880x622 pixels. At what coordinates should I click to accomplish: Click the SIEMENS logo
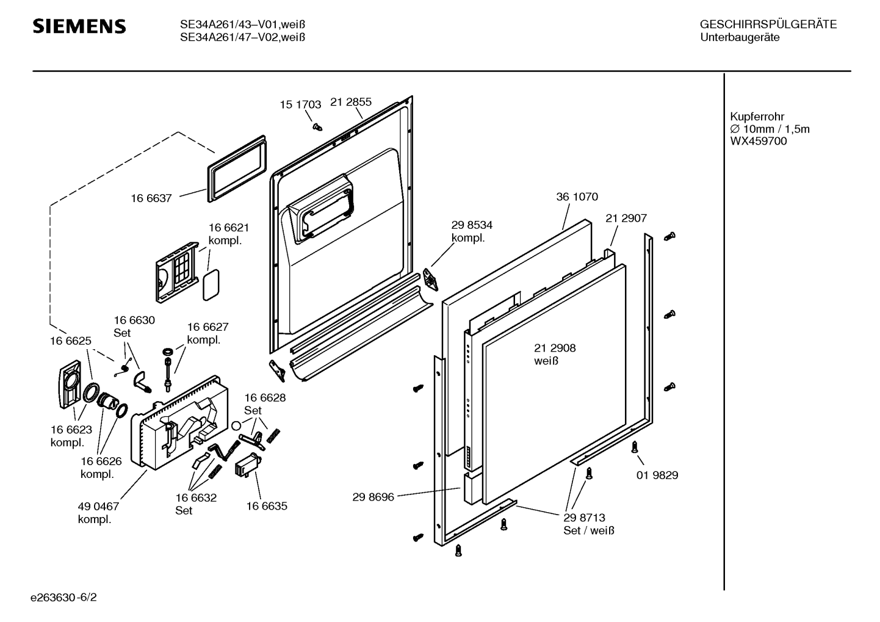(79, 26)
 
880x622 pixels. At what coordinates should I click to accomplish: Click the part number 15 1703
(300, 104)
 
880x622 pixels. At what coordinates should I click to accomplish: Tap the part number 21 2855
(351, 102)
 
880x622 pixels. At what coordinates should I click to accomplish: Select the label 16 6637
(151, 198)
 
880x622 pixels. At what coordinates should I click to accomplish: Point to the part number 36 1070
(577, 197)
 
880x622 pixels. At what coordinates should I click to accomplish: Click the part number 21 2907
(626, 218)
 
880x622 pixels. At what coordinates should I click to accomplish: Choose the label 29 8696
(373, 497)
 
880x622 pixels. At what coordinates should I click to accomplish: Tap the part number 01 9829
(657, 475)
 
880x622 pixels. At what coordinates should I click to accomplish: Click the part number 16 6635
(267, 505)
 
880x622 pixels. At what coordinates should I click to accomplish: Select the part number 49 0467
(98, 506)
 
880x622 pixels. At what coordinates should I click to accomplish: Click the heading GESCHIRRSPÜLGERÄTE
(768, 24)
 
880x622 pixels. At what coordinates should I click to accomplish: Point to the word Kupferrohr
(757, 116)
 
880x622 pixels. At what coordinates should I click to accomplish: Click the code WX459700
(759, 141)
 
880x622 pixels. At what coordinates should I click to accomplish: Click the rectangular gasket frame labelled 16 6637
(237, 167)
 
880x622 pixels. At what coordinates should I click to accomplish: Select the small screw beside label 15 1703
(317, 126)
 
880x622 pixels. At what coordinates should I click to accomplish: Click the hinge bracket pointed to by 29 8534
(432, 278)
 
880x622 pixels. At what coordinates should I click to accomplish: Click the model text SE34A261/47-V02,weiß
(242, 37)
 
